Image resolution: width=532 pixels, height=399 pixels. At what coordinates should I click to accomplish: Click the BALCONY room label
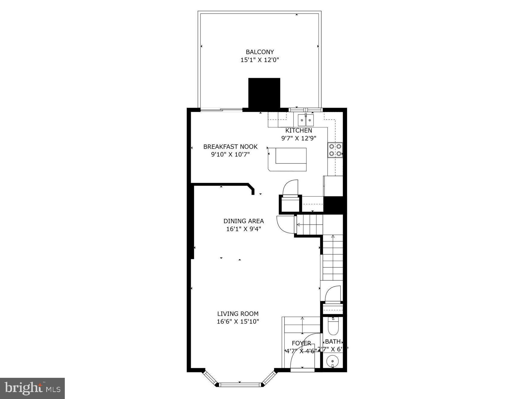coord(259,52)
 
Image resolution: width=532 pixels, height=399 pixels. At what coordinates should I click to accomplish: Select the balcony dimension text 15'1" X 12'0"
coord(259,60)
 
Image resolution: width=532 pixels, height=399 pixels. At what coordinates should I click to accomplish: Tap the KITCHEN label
coord(299,130)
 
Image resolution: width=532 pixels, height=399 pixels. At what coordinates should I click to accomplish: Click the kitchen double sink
coord(306,120)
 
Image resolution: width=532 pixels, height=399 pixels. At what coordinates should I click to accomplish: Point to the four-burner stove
coord(335,150)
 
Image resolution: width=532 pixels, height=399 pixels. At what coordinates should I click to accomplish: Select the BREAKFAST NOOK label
coord(230,147)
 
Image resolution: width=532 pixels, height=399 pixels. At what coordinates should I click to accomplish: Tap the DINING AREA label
coord(243,221)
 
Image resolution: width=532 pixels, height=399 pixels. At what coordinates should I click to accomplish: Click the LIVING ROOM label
coord(238,314)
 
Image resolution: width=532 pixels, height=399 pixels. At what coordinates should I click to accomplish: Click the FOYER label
coord(301,343)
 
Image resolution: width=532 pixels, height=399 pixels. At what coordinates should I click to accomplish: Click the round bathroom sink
coord(333,361)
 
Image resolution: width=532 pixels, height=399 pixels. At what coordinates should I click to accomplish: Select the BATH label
coord(333,341)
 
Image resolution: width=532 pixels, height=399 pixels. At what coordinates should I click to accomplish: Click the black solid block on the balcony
coord(264,93)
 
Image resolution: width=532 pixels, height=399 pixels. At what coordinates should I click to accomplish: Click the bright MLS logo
coord(32,388)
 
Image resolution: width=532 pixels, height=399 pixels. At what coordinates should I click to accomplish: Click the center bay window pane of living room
coord(240,385)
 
